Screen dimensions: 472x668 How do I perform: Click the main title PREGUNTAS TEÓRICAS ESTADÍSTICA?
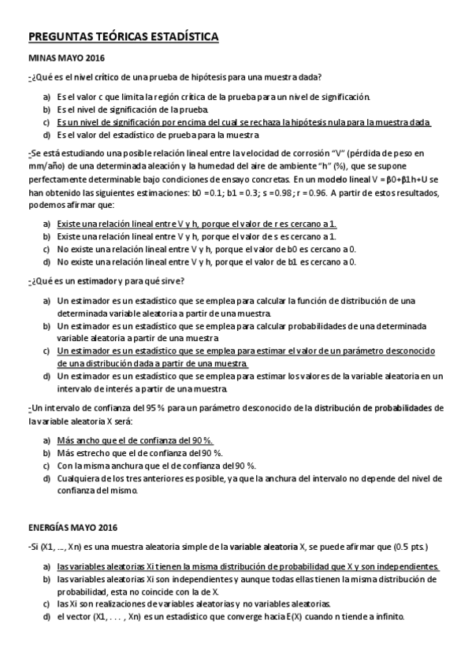click(124, 36)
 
